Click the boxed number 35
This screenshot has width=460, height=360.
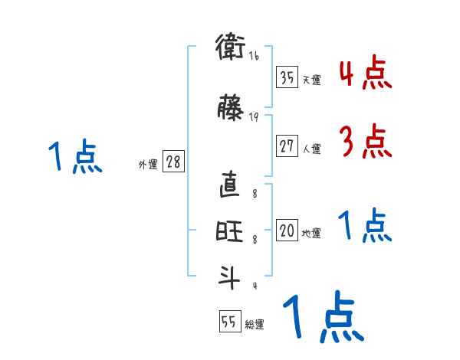(287, 77)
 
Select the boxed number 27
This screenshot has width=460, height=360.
(287, 146)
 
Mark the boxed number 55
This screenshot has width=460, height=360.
(229, 322)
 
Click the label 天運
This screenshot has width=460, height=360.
(311, 80)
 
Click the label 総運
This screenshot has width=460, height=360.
(254, 325)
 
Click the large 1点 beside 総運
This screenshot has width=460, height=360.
(322, 316)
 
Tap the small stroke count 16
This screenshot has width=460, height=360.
(254, 56)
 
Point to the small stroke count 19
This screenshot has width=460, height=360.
(254, 117)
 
